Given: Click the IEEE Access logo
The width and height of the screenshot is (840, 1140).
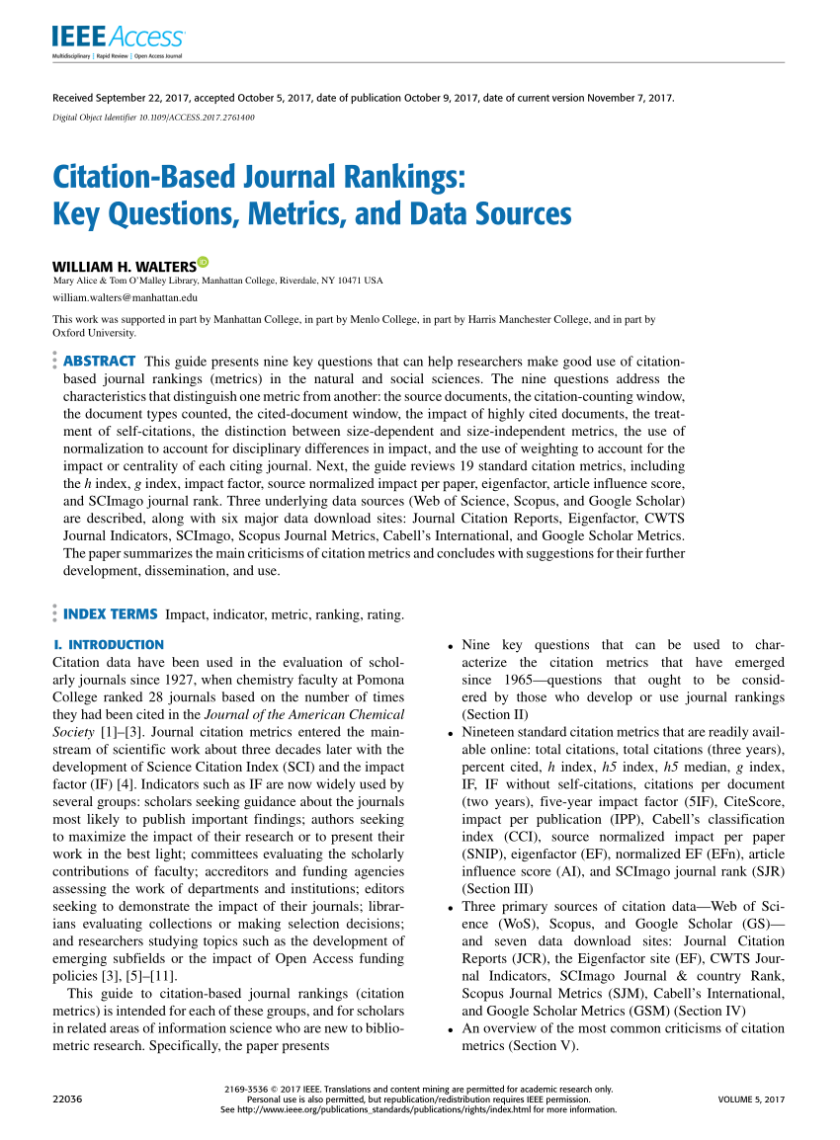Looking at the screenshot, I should click(x=118, y=39).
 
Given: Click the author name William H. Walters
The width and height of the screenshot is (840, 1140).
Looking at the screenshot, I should click(x=124, y=267).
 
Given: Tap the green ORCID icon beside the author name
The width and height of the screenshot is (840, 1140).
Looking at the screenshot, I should click(x=203, y=262).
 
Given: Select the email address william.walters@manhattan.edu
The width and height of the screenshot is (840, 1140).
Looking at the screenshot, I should click(x=125, y=296).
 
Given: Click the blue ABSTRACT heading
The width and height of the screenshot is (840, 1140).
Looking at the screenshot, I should click(x=99, y=361).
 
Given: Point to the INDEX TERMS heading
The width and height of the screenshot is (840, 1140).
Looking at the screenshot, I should click(x=110, y=614).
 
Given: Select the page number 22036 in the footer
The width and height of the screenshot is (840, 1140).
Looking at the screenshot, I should click(x=66, y=1099).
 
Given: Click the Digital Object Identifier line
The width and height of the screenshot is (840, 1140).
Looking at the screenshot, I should click(x=153, y=117).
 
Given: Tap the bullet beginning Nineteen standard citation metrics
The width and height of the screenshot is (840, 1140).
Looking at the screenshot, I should click(x=451, y=733).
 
